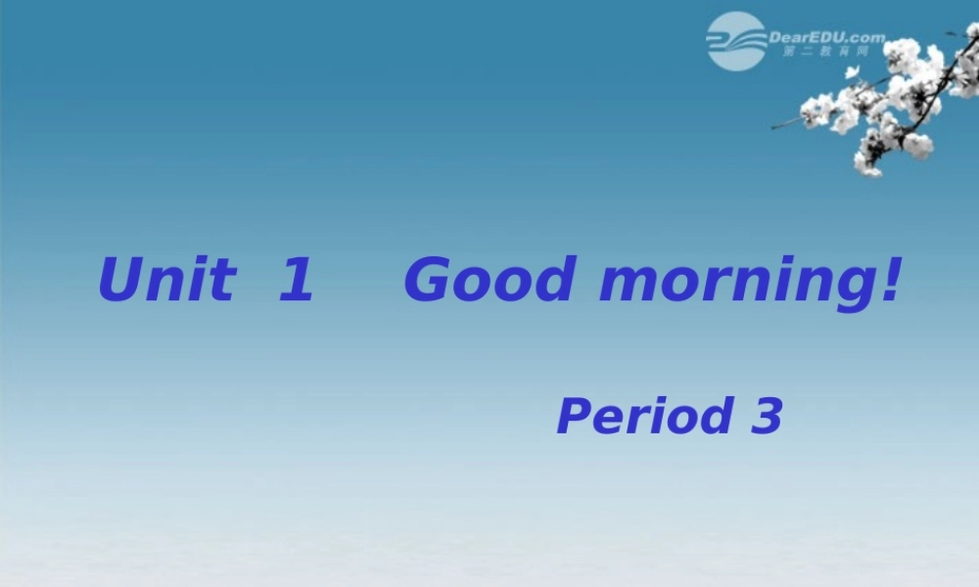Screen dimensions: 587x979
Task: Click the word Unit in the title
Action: (x=166, y=280)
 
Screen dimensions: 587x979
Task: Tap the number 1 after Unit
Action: (x=296, y=280)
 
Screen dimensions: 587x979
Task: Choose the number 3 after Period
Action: (x=768, y=416)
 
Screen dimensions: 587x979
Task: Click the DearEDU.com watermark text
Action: (x=826, y=37)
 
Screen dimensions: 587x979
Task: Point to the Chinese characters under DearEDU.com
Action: (x=825, y=52)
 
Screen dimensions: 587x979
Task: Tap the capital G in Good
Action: (x=432, y=280)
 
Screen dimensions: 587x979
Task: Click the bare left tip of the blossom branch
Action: (x=774, y=126)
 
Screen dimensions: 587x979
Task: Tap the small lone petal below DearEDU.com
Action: (x=852, y=72)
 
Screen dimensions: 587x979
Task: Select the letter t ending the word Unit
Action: (x=225, y=280)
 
